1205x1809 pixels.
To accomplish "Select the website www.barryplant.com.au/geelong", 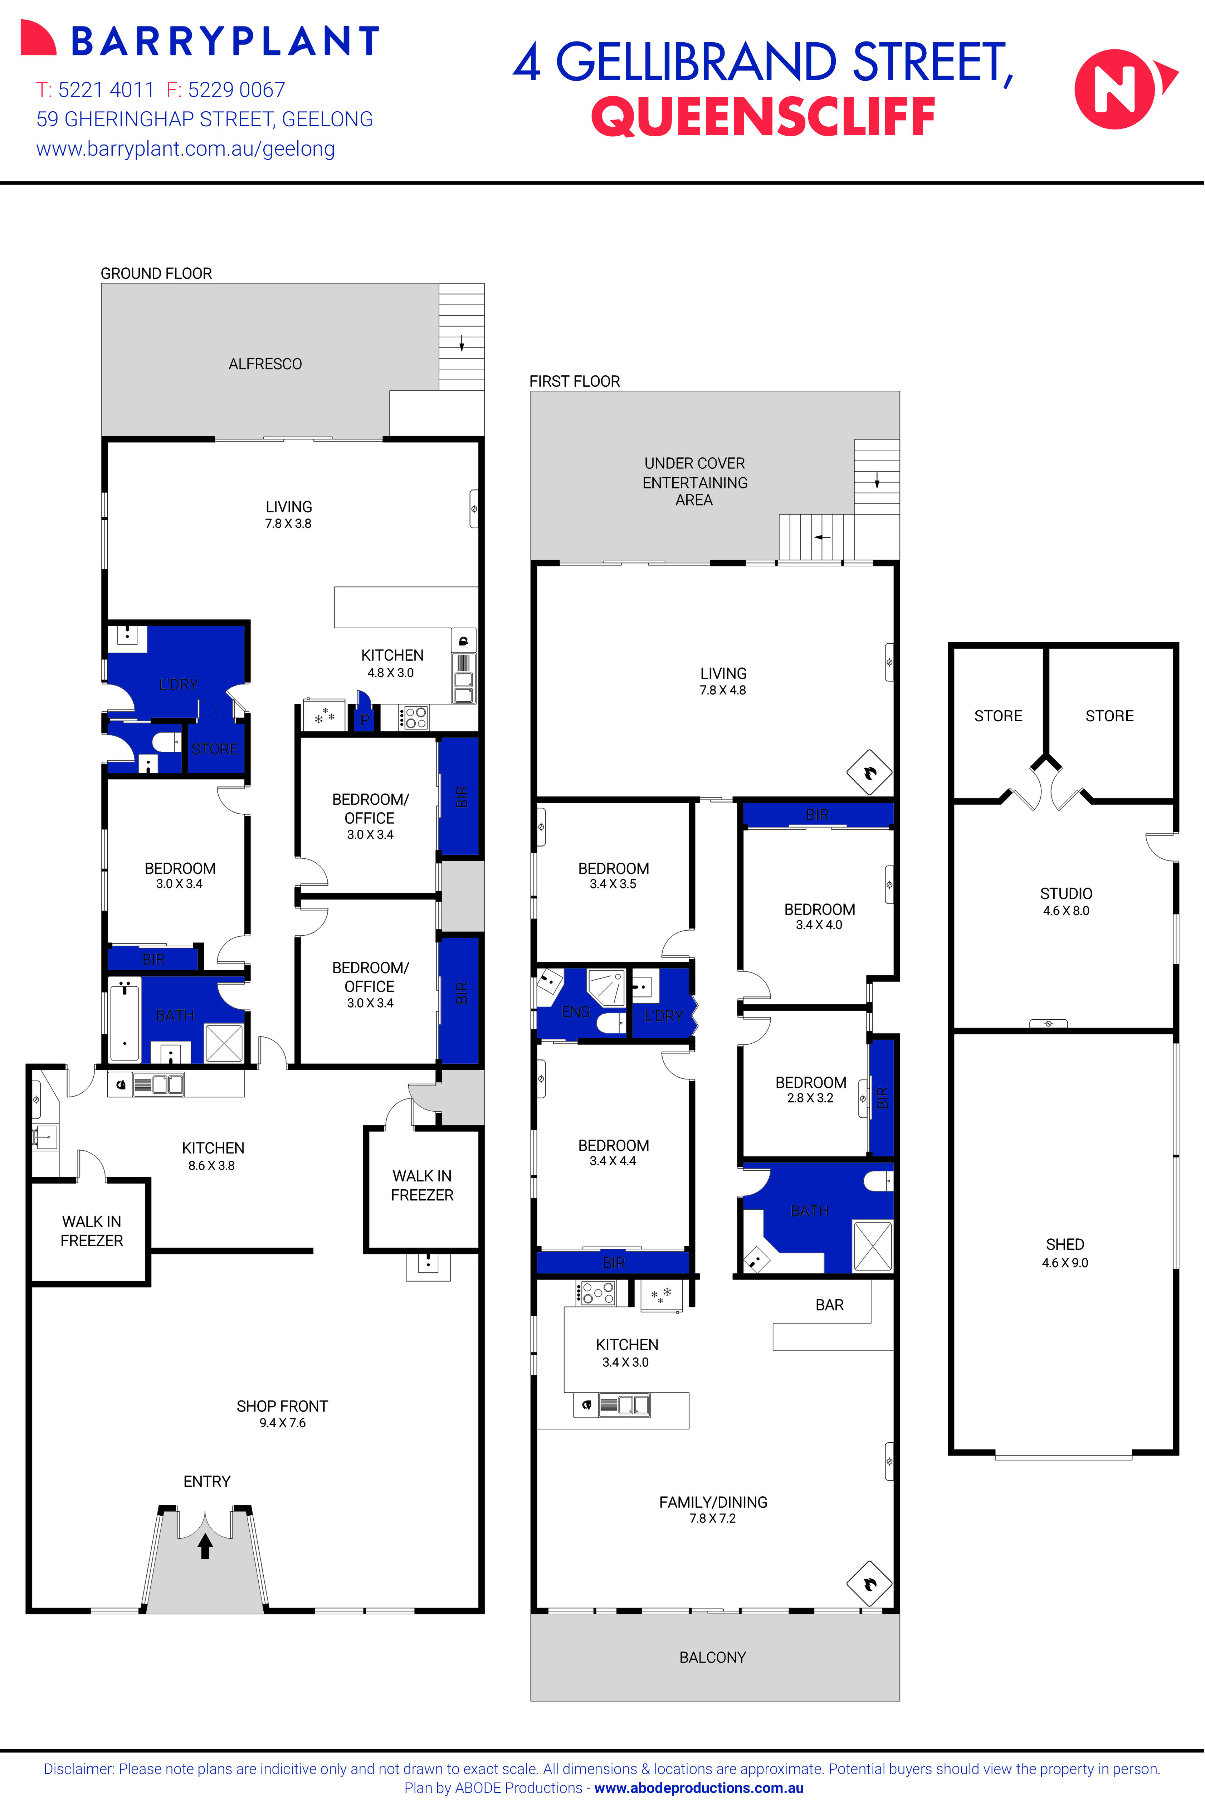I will pyautogui.click(x=185, y=149).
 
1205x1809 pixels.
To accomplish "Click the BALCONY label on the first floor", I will pyautogui.click(x=712, y=1658).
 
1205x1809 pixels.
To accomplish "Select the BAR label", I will pyautogui.click(x=829, y=1305).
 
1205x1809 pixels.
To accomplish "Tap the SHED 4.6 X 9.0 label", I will pyautogui.click(x=1065, y=1253).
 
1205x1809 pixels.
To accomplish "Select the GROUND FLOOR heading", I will pyautogui.click(x=156, y=274).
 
